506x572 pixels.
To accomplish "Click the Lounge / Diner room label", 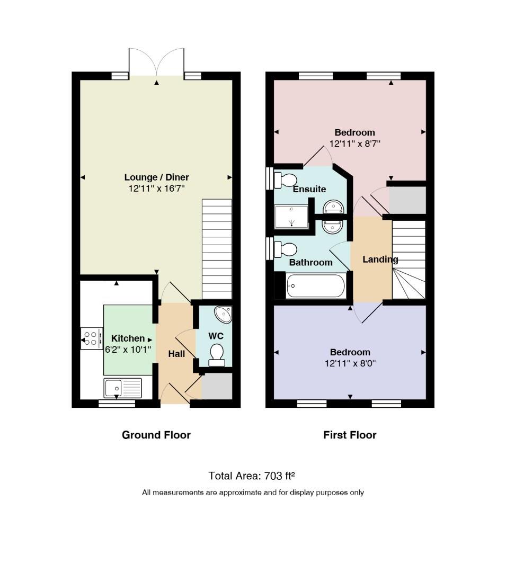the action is pos(156,177).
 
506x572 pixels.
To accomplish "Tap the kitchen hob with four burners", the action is pos(92,338).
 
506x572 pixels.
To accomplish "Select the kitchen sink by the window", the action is pos(122,388).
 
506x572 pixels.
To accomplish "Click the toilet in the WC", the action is pos(217,354).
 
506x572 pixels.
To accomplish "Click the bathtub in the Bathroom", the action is pos(316,286).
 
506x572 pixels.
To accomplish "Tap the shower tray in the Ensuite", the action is pos(291,216).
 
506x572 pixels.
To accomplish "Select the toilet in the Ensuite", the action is pos(285,180).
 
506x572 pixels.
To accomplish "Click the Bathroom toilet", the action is pos(285,250).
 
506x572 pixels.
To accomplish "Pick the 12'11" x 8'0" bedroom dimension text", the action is pos(350,364).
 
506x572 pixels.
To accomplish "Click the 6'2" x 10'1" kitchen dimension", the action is pos(128,350).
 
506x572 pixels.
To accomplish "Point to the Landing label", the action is pos(380,260).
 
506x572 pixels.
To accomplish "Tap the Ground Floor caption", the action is pos(156,435).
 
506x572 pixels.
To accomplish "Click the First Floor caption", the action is pos(350,435).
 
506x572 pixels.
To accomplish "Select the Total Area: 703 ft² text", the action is pos(252,476).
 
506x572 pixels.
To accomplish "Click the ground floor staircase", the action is pos(217,249).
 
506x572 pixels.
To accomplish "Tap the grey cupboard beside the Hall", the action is pos(217,386).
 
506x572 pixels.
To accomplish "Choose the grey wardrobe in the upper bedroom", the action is pos(407,200).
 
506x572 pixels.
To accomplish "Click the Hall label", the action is pos(176,354).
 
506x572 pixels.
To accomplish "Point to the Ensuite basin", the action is pos(333,207).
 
